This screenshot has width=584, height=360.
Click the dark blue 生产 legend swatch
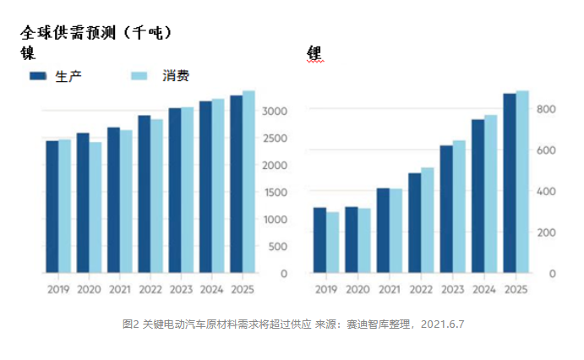coord(37,76)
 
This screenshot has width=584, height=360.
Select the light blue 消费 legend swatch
coord(139,76)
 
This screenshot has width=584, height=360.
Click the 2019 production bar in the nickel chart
coord(52,206)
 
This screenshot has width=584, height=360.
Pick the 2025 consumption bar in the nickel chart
coord(248,182)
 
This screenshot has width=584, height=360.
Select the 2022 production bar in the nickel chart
coord(145,194)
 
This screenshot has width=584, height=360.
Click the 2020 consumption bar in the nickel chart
coord(96,207)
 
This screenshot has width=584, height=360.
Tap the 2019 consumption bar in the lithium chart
coord(332,242)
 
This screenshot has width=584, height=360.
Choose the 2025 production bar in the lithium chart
coord(510,183)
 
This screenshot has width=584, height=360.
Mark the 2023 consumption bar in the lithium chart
coord(459,206)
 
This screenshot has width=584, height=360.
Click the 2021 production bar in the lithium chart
coord(383,230)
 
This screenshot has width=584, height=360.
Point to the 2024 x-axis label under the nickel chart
coord(211,289)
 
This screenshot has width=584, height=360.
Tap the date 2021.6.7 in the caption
coord(443,324)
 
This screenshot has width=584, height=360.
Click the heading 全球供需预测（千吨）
coord(97,33)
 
